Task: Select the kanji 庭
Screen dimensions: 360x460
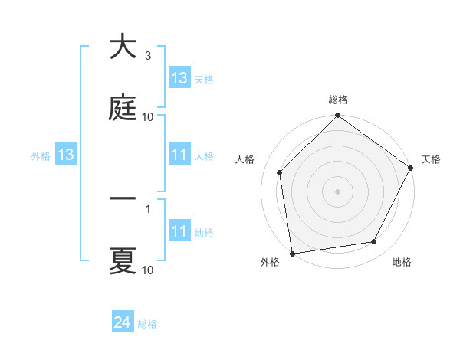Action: coord(123,108)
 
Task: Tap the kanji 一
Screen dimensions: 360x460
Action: coord(123,199)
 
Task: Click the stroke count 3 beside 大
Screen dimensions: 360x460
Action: coord(148,56)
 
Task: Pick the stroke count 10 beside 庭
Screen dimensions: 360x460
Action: coord(148,117)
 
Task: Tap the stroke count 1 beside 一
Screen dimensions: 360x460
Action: coord(148,208)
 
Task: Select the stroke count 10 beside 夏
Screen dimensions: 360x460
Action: coord(148,270)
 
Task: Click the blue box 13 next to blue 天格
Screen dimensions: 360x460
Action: coord(179,78)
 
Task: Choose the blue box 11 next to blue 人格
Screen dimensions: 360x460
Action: coord(179,155)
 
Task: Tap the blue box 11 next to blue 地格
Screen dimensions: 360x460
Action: coord(179,231)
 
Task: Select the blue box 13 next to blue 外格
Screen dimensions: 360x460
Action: coord(66,155)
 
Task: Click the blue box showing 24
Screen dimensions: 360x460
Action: coord(123,323)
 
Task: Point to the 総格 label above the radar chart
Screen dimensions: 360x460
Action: coord(337,100)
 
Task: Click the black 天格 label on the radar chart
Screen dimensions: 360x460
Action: coord(431,159)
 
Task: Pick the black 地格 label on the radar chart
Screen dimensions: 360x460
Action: coord(402,262)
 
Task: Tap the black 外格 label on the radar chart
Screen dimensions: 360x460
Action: coord(270,262)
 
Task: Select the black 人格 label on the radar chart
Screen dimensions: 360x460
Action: coord(245,159)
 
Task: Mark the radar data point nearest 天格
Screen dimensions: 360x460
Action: coord(411,168)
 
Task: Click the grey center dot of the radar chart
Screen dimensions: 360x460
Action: coord(337,191)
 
